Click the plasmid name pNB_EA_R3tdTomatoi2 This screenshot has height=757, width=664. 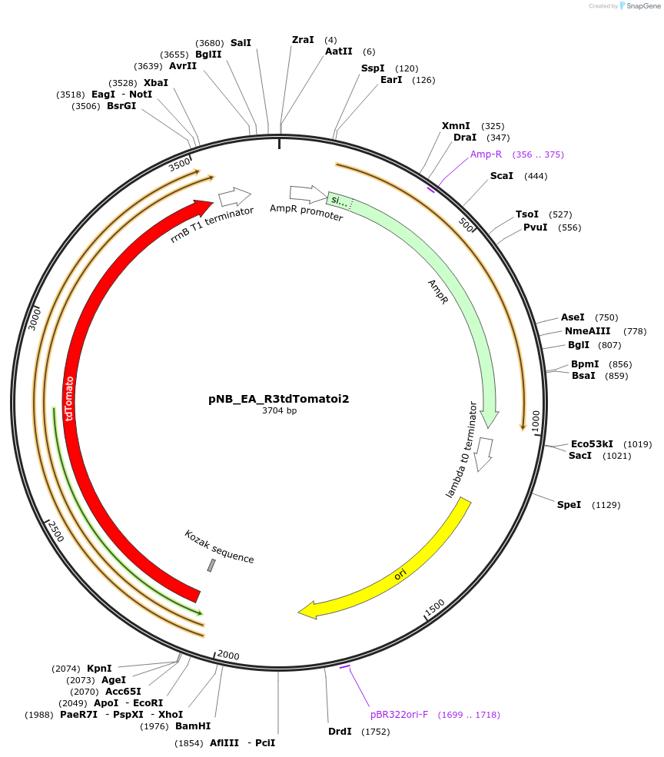click(279, 399)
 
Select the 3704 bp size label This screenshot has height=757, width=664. click(279, 411)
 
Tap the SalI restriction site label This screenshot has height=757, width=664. click(241, 43)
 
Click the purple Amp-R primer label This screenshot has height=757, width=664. click(486, 154)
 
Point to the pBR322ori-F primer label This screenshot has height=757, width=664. click(399, 715)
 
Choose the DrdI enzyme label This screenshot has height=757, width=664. click(340, 732)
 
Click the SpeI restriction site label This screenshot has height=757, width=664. click(569, 505)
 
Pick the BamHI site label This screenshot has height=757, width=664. click(192, 726)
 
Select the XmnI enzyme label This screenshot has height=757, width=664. click(456, 126)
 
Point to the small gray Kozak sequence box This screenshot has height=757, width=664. click(211, 566)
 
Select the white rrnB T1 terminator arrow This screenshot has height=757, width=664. click(235, 197)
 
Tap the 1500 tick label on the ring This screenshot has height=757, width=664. click(434, 607)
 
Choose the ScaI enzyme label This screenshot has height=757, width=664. click(501, 176)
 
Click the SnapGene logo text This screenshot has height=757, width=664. click(643, 5)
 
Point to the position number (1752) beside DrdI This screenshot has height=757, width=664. click(375, 732)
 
